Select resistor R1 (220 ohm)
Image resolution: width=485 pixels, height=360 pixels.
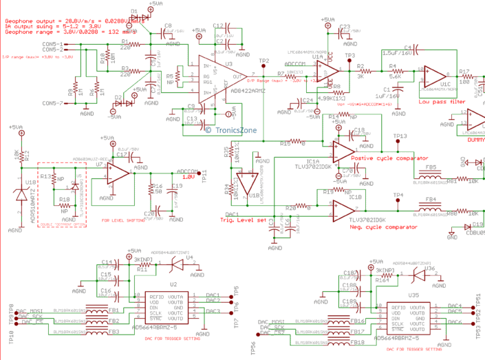click(x=126, y=43)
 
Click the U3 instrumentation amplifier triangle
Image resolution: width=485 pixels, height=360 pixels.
click(x=222, y=76)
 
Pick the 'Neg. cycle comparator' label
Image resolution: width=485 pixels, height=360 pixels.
click(x=382, y=226)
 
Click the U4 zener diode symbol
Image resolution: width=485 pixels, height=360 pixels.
click(x=178, y=263)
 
